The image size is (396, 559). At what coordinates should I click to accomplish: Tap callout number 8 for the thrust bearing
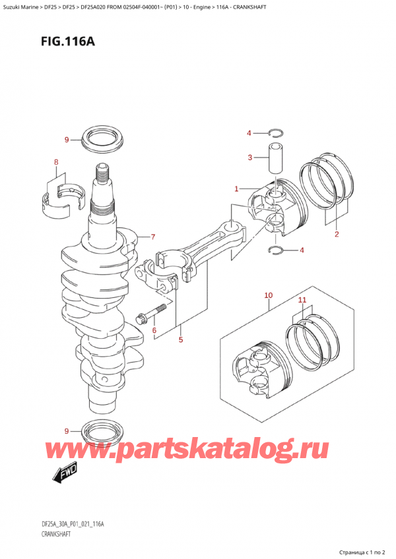pyautogui.click(x=55, y=162)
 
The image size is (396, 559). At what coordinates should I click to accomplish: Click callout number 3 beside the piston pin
pyautogui.click(x=249, y=157)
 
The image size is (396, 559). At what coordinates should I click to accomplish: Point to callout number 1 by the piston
pyautogui.click(x=236, y=189)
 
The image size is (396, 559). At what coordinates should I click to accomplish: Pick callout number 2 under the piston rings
pyautogui.click(x=336, y=234)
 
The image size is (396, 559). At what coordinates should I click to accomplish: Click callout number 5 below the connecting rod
pyautogui.click(x=180, y=340)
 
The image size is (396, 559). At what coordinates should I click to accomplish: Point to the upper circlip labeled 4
pyautogui.click(x=277, y=134)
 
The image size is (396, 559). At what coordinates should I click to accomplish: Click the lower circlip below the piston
pyautogui.click(x=279, y=249)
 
